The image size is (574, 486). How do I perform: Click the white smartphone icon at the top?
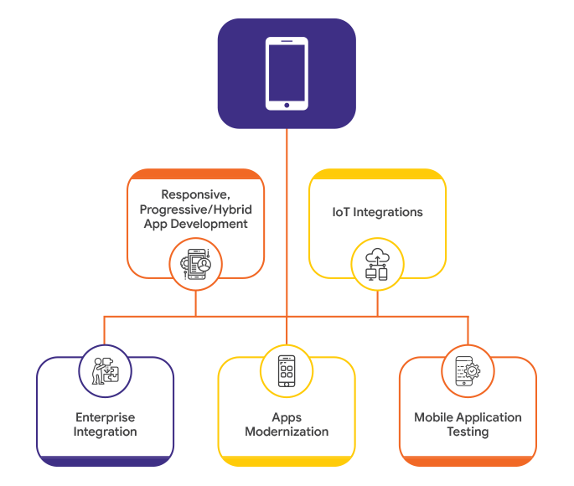coord(287,74)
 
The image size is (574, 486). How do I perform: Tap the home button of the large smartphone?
coord(287,105)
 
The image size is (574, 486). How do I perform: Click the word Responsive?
coord(195,195)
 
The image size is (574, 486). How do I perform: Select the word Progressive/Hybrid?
coord(195,209)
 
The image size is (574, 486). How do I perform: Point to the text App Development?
coord(195,224)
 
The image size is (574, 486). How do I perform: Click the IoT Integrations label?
coord(377,212)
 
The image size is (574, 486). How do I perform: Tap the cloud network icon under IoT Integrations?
coord(377,263)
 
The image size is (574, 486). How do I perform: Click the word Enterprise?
coord(105,417)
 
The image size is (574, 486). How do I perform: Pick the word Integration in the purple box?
coord(105,432)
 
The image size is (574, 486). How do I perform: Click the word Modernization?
coord(287,432)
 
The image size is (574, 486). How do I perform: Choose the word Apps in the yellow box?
coord(287,417)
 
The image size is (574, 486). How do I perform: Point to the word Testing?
coord(468,432)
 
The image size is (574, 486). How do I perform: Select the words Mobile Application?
coord(468,417)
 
